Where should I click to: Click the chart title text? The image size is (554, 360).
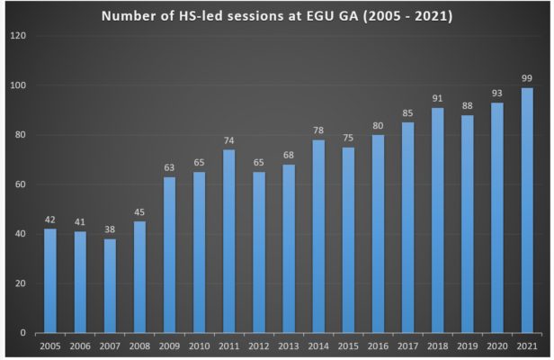276,15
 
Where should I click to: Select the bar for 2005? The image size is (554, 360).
50,281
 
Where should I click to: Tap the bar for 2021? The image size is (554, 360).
526,211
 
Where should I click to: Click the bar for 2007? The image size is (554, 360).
110,285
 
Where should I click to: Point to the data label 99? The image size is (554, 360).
526,79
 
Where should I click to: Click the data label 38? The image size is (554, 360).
110,230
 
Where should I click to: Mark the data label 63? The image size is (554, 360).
169,168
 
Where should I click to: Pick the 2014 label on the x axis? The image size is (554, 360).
318,346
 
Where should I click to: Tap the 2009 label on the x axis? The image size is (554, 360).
169,346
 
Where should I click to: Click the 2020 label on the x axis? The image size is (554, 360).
496,346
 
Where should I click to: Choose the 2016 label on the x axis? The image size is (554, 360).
378,346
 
